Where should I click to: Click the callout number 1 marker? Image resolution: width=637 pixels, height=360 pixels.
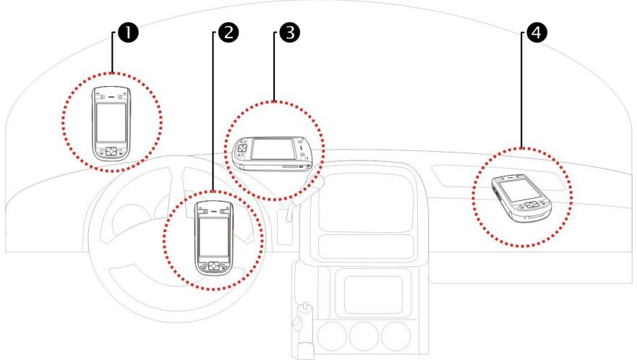131,32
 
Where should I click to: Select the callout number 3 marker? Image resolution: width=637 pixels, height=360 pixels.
291,32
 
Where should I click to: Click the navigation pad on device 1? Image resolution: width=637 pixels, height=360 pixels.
111,153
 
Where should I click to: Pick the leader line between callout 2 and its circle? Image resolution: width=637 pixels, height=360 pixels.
213,108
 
